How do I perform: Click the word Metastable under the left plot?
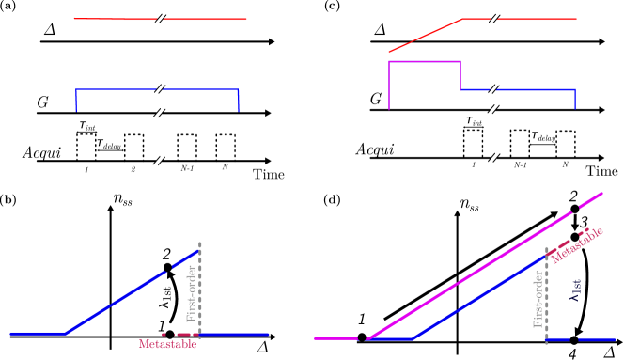point(167,344)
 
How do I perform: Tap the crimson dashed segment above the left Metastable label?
point(179,334)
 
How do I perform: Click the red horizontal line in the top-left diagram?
point(113,19)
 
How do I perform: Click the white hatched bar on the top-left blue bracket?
point(160,102)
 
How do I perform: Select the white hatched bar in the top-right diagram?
point(491,99)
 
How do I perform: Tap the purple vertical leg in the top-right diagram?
point(389,85)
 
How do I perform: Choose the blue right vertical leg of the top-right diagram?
point(575,100)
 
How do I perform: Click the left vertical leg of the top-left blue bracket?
point(76,100)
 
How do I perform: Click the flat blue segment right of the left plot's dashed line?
point(235,334)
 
